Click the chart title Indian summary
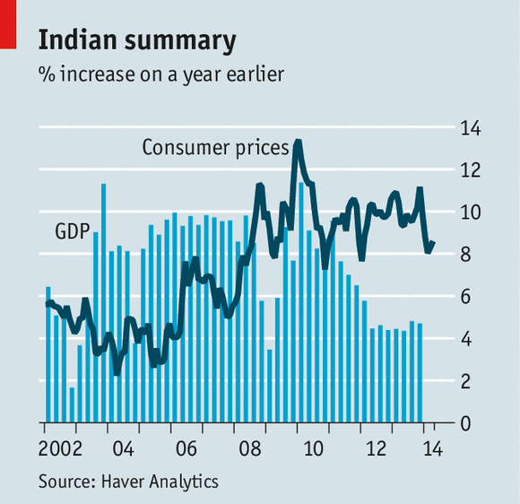[137, 40]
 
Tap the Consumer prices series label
[215, 147]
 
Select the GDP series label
[72, 231]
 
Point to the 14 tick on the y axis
[470, 128]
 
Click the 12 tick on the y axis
[470, 170]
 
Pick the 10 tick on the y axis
[470, 213]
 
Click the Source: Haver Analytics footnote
[128, 482]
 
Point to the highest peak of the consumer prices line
[298, 142]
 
